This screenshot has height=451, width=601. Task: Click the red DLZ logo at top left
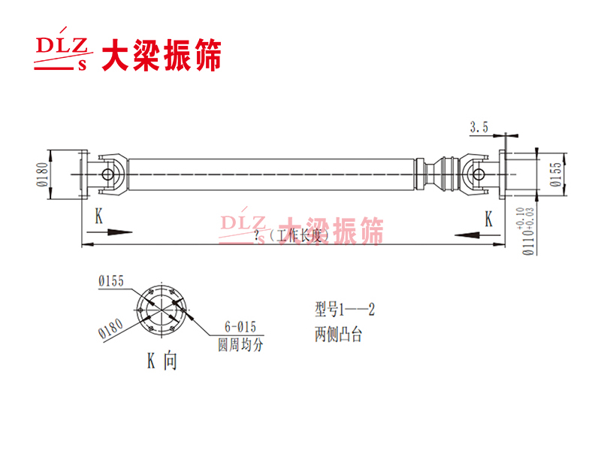(x=64, y=53)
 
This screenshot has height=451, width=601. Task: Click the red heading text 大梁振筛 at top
(x=162, y=55)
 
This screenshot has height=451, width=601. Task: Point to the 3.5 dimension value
(x=479, y=129)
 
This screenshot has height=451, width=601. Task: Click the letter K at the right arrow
(x=489, y=219)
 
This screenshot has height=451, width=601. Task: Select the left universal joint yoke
(x=110, y=174)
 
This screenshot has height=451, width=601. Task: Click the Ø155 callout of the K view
(x=110, y=281)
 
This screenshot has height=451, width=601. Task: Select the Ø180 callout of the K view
(x=110, y=328)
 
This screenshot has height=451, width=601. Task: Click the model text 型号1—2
(x=345, y=308)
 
